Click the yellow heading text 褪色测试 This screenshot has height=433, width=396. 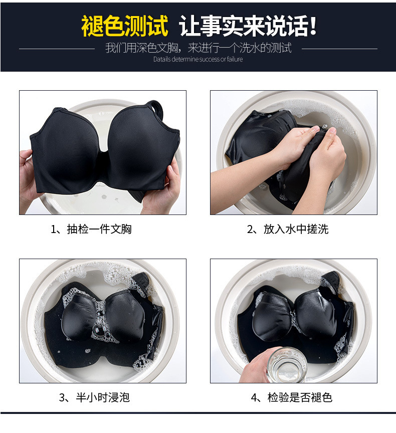coord(124,26)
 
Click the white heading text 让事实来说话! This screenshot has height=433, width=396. coord(248,26)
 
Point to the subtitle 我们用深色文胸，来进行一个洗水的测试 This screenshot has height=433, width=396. coord(199,48)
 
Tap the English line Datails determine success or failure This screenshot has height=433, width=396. coord(198,59)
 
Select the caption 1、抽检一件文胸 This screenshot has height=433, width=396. coord(91,229)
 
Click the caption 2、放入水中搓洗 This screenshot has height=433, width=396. coord(288,229)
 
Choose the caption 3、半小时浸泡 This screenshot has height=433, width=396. coord(94,397)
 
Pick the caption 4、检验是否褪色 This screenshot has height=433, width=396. coord(292,397)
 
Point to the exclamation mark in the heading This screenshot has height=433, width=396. coord(313,26)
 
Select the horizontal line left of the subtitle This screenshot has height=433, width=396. coord(57,49)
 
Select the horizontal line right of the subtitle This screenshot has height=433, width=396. coord(340,49)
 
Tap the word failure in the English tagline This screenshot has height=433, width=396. coord(235,59)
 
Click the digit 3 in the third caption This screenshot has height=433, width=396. coord(62,398)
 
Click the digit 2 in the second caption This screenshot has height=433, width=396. coord(250,230)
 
